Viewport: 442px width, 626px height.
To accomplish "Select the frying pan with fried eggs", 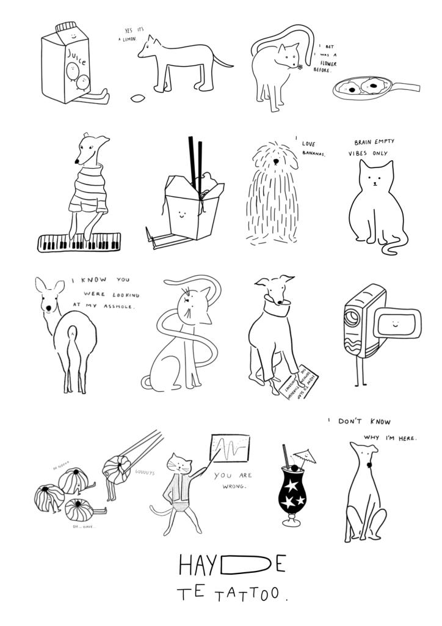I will pos(367,89).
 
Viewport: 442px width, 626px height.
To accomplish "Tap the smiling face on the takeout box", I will pos(181,213).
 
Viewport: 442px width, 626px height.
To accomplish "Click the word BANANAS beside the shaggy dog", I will pos(314,153).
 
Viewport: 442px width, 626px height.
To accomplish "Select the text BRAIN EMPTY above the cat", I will pos(374,142).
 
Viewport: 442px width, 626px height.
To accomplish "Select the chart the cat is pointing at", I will pos(230,449).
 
